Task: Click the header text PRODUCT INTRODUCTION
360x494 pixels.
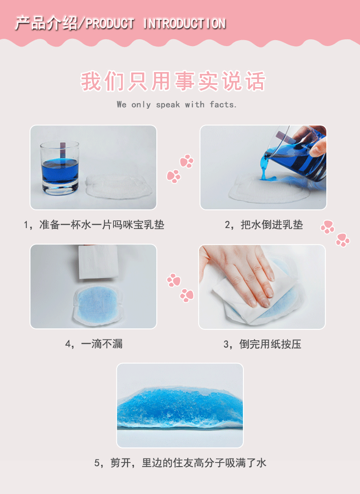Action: pos(155,23)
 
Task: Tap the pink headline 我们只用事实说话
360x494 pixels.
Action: pos(173,82)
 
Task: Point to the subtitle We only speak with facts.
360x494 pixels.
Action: pos(177,104)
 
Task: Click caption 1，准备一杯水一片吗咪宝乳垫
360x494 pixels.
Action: pos(94,224)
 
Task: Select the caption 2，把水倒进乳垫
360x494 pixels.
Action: pos(264,224)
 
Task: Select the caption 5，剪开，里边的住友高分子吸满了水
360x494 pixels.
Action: pos(180,463)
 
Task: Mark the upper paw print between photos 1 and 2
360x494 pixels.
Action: pos(186,161)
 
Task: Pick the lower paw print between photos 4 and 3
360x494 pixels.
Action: pos(186,295)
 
